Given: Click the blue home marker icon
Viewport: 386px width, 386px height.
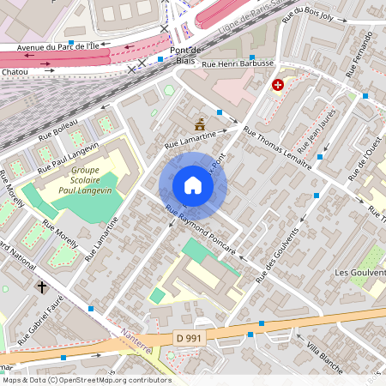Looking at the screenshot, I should pos(193,185).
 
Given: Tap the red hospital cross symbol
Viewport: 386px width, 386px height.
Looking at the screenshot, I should pos(278,85).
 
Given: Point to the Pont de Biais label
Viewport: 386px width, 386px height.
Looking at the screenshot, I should pos(184,55).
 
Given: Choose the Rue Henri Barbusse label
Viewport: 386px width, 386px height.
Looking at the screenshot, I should pos(237,63).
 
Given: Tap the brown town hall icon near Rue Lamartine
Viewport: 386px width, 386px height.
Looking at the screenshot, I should pos(200,123).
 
